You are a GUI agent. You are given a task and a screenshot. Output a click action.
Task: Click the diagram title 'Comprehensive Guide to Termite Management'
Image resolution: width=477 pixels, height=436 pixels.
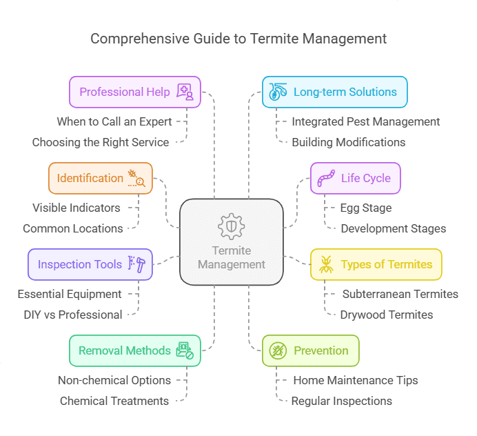click(x=238, y=38)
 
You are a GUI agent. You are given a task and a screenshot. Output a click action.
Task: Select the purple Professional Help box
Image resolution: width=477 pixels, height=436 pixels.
click(x=135, y=92)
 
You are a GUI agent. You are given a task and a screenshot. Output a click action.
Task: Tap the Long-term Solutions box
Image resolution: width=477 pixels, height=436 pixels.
click(x=334, y=92)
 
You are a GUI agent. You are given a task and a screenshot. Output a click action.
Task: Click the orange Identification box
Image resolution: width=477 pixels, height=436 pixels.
click(x=101, y=178)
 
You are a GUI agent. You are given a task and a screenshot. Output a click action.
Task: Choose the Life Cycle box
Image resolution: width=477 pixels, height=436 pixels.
click(x=355, y=178)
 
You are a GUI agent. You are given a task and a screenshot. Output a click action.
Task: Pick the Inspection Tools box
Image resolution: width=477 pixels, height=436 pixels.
click(x=90, y=264)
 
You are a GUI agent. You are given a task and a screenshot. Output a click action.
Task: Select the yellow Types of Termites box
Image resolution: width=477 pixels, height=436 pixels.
click(x=376, y=264)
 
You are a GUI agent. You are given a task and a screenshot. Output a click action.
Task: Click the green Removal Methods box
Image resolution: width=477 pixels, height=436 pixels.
click(x=135, y=350)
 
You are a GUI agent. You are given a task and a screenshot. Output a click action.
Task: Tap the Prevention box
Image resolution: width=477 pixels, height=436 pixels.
click(x=310, y=350)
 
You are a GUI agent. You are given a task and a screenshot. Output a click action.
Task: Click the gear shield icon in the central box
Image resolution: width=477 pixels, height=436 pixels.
click(x=232, y=226)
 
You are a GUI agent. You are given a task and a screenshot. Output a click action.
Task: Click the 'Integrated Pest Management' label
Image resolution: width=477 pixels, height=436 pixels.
click(x=366, y=121)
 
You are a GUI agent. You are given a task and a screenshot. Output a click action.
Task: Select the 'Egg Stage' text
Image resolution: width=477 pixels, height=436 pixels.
click(x=366, y=208)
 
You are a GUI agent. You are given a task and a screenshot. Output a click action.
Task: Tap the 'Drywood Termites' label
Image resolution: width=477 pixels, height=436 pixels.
click(x=387, y=315)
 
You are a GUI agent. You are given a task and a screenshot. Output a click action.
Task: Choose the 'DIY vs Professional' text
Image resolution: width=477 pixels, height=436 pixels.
click(x=73, y=315)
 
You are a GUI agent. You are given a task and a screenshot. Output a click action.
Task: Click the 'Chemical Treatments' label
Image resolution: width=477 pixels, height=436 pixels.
click(x=114, y=401)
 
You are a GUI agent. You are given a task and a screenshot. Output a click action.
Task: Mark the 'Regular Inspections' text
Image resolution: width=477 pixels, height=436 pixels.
click(x=342, y=401)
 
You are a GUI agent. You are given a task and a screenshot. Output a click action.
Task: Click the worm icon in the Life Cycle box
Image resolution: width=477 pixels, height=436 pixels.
click(x=326, y=178)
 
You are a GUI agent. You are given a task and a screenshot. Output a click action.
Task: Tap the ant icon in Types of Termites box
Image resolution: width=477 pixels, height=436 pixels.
click(x=326, y=264)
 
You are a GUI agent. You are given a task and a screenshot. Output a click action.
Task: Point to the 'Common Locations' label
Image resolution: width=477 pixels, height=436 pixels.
click(x=73, y=228)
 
